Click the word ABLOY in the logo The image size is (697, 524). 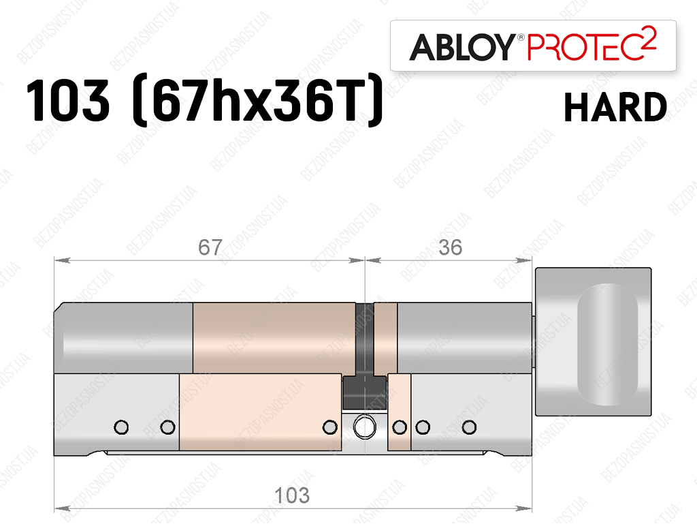462,47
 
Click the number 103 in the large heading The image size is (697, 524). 67,100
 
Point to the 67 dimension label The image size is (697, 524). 210,247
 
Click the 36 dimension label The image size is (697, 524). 450,247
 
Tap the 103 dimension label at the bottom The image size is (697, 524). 291,495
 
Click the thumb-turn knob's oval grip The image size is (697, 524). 607,345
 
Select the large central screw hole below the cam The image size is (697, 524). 365,427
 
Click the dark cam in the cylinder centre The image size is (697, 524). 365,356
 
